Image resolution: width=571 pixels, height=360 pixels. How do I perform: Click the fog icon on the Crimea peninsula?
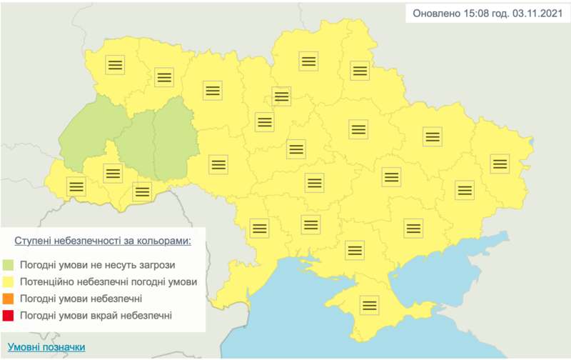(369, 305)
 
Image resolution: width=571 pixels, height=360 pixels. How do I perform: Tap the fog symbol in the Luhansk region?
(500, 164)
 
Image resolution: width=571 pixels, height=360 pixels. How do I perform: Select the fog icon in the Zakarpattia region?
(76, 186)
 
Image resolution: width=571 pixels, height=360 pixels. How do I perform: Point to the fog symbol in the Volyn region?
(116, 65)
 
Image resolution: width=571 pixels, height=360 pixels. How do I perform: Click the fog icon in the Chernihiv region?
(308, 61)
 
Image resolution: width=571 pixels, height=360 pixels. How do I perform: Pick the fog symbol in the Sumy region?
(358, 71)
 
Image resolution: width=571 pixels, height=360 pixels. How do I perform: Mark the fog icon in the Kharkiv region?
(432, 136)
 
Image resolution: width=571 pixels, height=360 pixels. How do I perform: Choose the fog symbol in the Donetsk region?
(465, 190)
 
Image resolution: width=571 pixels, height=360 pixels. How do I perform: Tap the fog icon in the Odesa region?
(258, 229)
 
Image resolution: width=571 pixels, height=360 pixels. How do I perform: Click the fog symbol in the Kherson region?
(355, 250)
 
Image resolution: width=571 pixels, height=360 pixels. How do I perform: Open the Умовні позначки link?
(43, 347)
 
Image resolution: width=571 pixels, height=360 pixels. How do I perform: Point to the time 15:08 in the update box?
(468, 14)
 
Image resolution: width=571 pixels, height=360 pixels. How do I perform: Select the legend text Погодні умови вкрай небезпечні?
(96, 315)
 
